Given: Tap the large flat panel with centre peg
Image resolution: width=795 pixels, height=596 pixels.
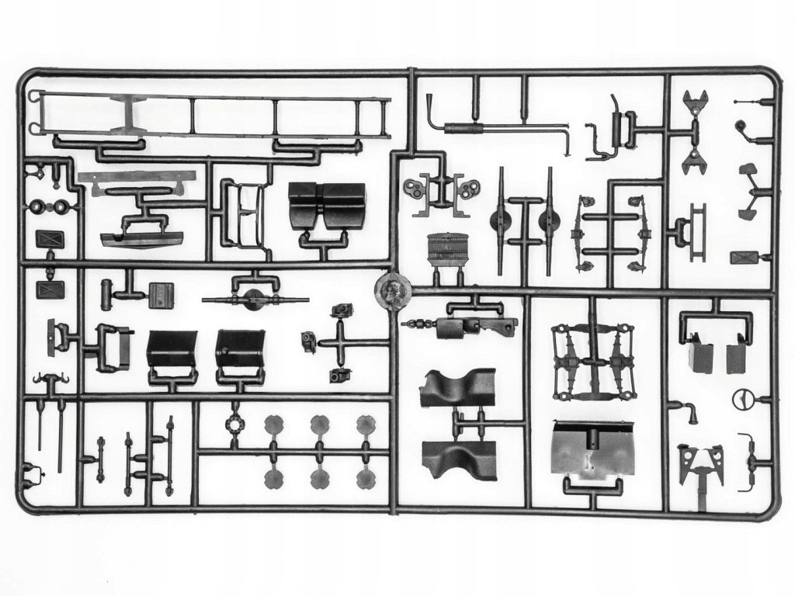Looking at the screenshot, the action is click(592, 449).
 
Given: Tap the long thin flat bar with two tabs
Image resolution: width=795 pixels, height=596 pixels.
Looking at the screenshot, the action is click(136, 178).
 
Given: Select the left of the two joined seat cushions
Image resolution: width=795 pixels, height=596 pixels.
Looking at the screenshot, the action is click(303, 205).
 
